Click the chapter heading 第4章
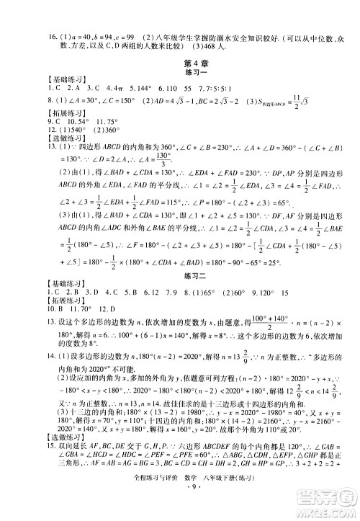tap(180, 63)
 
